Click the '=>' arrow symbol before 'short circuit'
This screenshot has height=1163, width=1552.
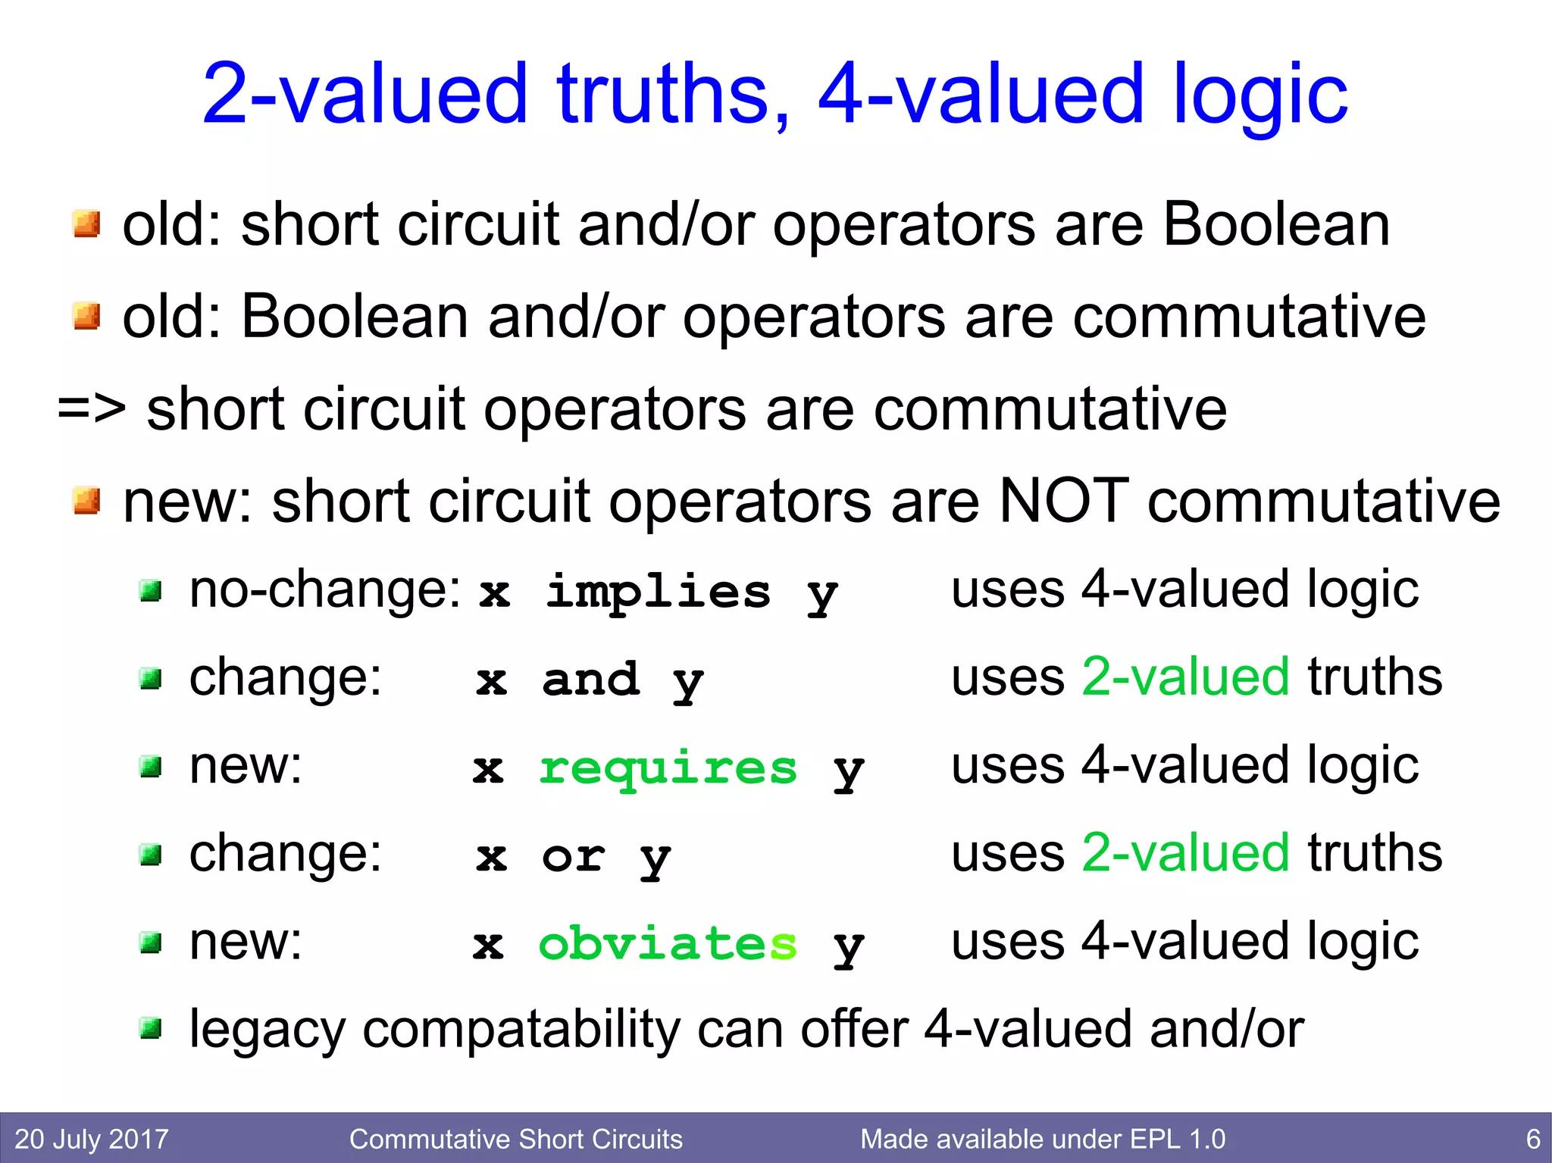pos(92,409)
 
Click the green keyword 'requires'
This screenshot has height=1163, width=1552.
pos(668,768)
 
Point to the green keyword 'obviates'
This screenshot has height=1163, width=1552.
pos(668,944)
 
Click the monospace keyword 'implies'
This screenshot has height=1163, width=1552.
pos(658,592)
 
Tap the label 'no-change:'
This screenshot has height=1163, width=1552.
pos(324,589)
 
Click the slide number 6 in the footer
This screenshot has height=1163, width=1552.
pos(1532,1139)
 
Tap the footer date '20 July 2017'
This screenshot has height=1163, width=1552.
pos(92,1139)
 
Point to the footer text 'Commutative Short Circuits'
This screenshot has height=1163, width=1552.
pos(515,1139)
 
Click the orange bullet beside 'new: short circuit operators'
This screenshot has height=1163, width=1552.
pos(86,501)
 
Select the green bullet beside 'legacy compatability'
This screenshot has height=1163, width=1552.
pos(151,1028)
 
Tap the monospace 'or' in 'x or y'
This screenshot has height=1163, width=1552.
pos(574,856)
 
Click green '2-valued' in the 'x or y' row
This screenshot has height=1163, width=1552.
pos(1185,853)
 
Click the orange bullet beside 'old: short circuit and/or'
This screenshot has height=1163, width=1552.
pos(86,224)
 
